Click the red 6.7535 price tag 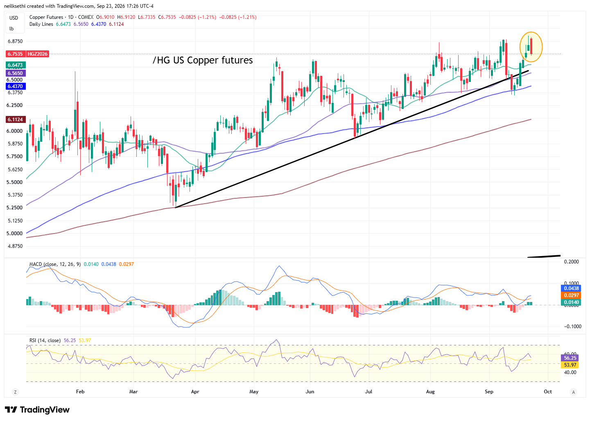coord(16,54)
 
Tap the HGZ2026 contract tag coord(38,54)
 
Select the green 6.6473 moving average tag coord(16,65)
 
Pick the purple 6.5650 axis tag coord(16,73)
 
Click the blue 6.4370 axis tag coord(16,86)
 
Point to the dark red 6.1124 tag coord(16,120)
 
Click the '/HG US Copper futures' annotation coord(203,60)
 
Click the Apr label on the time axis coord(195,392)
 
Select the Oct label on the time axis coord(547,392)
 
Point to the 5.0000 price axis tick coord(14,234)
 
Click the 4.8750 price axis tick coord(14,246)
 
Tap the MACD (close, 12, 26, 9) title coord(55,264)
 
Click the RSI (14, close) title coord(45,340)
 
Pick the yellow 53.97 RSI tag coord(570,365)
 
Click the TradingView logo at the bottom coord(37,410)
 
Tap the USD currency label coord(14,18)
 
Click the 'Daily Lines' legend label coord(41,24)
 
